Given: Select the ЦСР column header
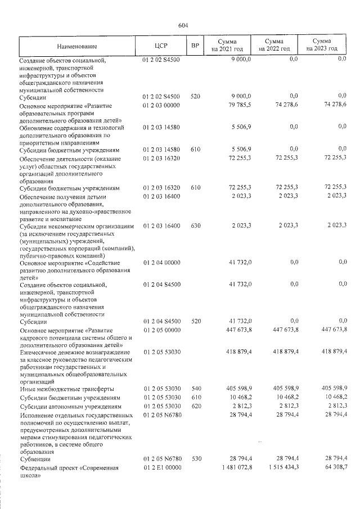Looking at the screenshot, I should (x=161, y=46).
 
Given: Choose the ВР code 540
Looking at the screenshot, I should (x=195, y=389).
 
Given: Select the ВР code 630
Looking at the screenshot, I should (x=195, y=226).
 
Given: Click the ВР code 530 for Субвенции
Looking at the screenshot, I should (x=195, y=460).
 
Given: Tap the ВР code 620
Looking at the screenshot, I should (x=195, y=406).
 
